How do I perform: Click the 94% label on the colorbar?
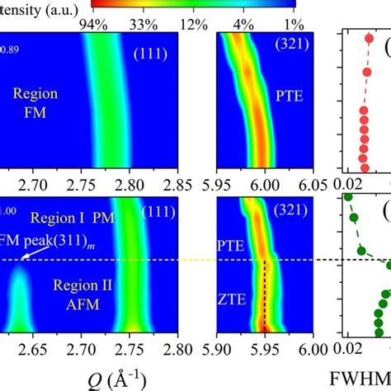click(x=94, y=24)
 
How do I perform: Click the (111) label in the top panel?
click(x=151, y=54)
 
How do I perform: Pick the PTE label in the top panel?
click(x=290, y=96)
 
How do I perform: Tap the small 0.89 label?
click(x=9, y=50)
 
